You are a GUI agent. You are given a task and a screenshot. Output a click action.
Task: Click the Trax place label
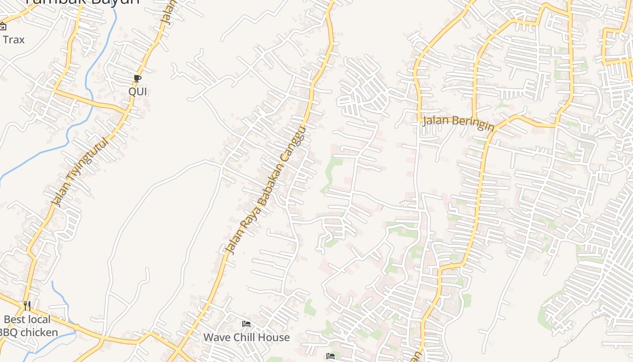click(x=14, y=40)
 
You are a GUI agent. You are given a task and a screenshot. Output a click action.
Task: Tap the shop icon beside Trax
click(x=3, y=26)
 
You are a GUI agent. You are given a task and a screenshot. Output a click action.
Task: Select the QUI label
click(x=138, y=91)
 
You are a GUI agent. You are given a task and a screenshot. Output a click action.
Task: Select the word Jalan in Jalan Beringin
click(x=436, y=121)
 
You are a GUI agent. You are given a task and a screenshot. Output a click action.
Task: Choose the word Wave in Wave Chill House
click(x=216, y=338)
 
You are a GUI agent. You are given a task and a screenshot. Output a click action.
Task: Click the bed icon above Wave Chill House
click(x=246, y=324)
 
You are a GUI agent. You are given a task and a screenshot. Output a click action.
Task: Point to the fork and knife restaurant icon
click(x=27, y=306)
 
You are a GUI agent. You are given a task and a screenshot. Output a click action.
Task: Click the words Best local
click(x=27, y=319)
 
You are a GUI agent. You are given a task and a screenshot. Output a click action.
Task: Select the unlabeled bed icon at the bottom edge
click(x=331, y=357)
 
